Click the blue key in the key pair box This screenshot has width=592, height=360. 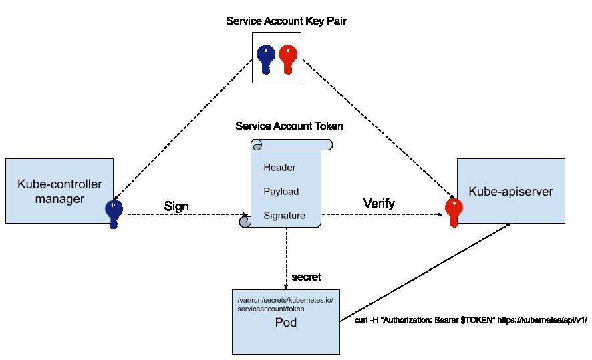pos(267,59)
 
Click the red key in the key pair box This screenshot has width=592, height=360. pos(288,59)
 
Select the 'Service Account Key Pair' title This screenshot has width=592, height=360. pos(286,21)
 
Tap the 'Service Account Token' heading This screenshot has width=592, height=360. pos(285,126)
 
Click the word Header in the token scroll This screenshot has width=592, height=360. pos(279,168)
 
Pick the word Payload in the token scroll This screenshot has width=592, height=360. pos(281,192)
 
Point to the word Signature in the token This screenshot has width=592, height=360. pos(284,216)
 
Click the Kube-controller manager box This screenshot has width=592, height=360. pos(59,190)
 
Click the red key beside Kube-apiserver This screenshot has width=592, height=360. pos(454,213)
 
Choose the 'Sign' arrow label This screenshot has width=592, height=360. pos(176,206)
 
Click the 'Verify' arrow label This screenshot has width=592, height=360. pos(379,204)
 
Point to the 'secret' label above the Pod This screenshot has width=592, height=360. pos(307,277)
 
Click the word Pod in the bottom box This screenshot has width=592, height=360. pos(286,323)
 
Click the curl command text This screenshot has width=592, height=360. pos(471,320)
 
